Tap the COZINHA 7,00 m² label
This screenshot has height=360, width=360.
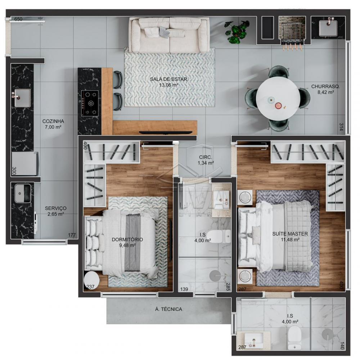[x=53, y=124]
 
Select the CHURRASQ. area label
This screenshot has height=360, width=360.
[x=325, y=89]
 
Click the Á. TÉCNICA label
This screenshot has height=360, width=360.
[x=168, y=309]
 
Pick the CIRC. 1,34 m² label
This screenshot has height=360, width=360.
[x=206, y=160]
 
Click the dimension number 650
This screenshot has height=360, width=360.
[x=18, y=19]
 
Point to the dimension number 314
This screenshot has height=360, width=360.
[x=341, y=127]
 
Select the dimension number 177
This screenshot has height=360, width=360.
[x=72, y=235]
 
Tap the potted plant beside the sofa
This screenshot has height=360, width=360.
[x=237, y=32]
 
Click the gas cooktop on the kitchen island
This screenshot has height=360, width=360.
[x=90, y=103]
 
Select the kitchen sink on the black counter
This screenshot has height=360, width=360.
[x=22, y=98]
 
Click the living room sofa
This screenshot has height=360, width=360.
[x=169, y=35]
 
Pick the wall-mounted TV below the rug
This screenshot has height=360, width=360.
[x=166, y=132]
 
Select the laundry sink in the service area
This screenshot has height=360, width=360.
[x=23, y=194]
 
